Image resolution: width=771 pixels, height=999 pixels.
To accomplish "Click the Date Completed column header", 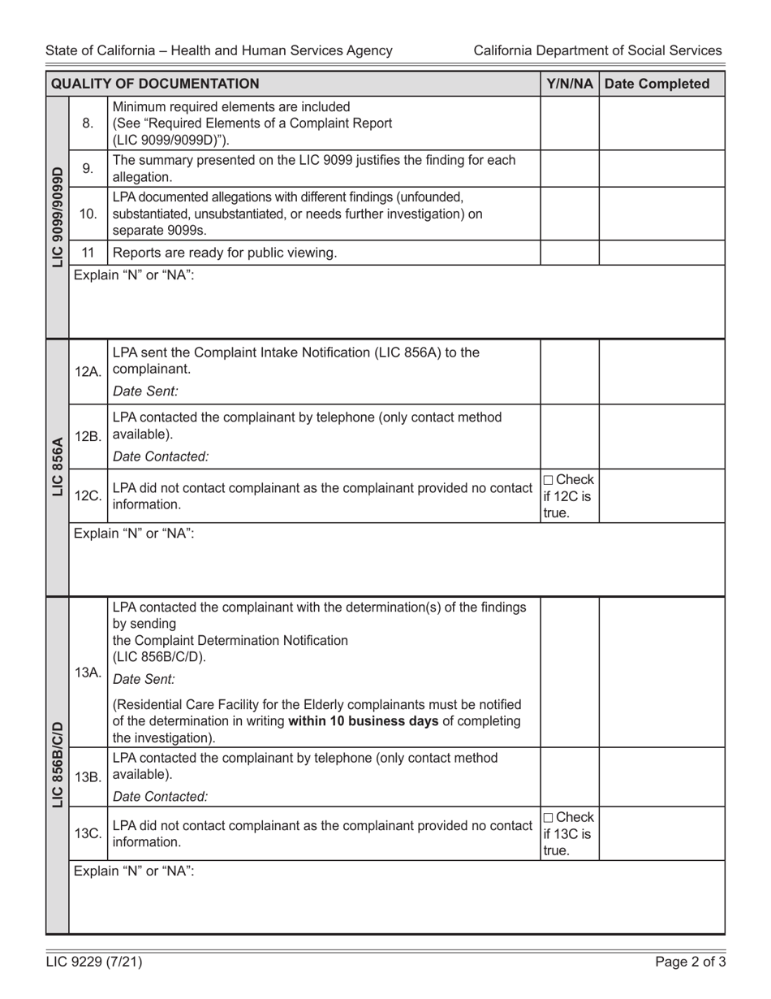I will [x=661, y=84].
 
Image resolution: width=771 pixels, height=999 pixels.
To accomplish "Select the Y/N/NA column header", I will [x=570, y=84].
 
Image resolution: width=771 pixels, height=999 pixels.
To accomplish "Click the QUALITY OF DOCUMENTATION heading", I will [x=155, y=84].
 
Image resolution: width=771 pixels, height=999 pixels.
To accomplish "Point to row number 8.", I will [x=88, y=123].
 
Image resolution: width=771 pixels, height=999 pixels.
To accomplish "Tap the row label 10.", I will [x=88, y=214].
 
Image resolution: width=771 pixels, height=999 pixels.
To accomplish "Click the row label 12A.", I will [x=88, y=371].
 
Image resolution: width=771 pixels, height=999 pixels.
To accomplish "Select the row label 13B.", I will [x=88, y=776].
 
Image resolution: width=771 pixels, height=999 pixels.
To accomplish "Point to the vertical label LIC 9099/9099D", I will [x=58, y=217].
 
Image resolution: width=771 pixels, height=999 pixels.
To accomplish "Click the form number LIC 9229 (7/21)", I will [x=94, y=963].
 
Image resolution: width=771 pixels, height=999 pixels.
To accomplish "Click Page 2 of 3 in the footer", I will [x=691, y=963].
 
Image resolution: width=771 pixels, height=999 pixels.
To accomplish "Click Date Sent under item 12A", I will [x=145, y=391].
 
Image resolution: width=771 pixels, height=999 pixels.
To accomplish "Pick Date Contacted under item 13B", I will [x=161, y=797].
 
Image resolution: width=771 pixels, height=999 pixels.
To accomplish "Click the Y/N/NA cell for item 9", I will [x=570, y=169].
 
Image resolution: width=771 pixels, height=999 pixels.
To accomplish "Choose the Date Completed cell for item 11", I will [x=661, y=253].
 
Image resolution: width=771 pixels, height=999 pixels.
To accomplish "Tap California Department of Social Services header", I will [x=597, y=50].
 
